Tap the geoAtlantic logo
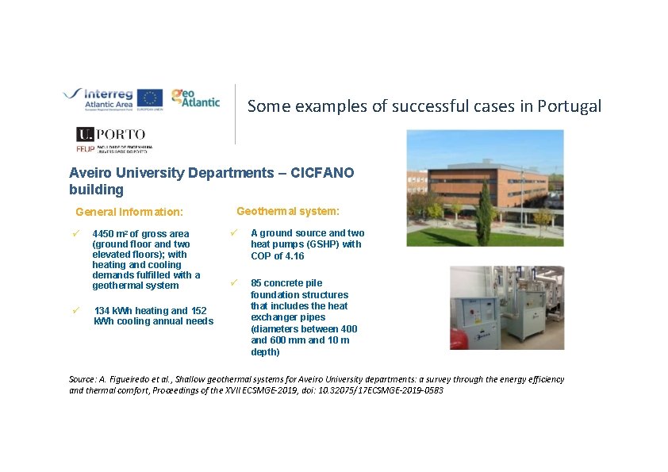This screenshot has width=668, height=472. tap(194, 97)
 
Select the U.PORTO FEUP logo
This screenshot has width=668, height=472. tap(112, 140)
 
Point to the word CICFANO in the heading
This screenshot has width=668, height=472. tap(321, 173)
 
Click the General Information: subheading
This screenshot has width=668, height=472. tap(129, 212)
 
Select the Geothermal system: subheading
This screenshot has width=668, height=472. tap(288, 211)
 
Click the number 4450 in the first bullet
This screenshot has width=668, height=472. tap(104, 234)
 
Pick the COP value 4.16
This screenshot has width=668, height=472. tap(294, 256)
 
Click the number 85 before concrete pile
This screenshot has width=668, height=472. tap(256, 283)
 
